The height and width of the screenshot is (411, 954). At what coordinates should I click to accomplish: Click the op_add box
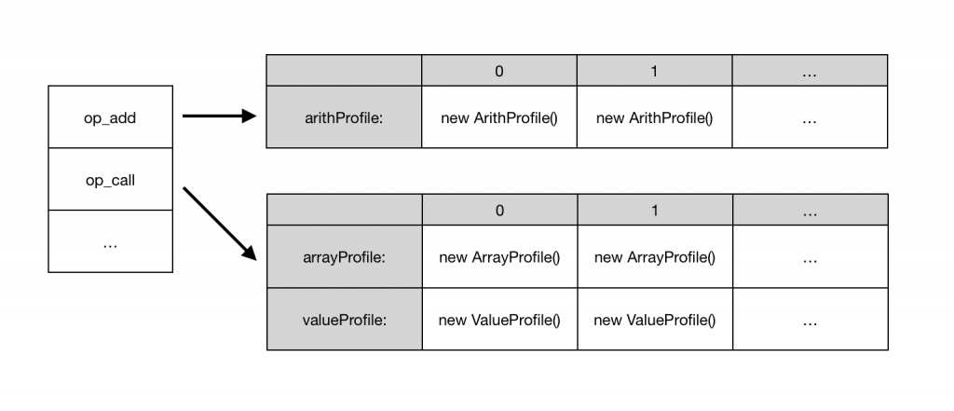110,117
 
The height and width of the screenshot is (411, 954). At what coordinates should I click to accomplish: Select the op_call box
110,180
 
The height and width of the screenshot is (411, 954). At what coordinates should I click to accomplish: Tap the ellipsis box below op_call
110,242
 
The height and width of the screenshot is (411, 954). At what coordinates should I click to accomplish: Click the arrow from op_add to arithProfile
218,116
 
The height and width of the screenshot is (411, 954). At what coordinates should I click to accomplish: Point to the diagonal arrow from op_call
219,223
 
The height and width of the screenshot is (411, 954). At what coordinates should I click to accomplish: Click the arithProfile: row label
344,117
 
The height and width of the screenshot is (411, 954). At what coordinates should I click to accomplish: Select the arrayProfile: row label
344,257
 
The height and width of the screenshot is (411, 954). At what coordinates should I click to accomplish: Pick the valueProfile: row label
344,320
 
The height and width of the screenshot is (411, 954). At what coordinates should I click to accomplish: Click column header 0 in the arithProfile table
499,71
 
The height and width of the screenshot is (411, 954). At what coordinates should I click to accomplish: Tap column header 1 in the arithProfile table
654,71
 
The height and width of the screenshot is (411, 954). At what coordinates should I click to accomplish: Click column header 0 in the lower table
499,211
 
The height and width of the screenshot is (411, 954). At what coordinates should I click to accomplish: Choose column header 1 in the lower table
654,211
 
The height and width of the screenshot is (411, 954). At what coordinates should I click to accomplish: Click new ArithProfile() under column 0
499,117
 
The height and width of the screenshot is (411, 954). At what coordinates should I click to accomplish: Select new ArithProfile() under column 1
654,117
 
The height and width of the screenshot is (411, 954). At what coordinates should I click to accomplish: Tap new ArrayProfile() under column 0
499,257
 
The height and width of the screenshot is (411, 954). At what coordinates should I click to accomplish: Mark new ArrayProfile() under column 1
654,257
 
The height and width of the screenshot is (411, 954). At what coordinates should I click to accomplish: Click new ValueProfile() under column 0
499,320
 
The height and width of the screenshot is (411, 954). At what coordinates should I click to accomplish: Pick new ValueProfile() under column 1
654,320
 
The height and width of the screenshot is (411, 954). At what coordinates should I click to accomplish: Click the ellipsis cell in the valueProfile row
810,320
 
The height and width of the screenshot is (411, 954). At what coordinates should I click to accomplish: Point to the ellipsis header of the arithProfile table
810,71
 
